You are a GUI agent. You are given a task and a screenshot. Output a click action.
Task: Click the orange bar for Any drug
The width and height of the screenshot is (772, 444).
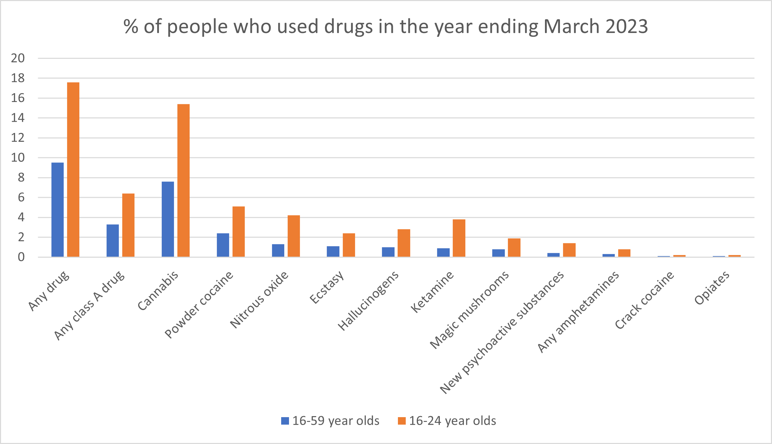click(73, 170)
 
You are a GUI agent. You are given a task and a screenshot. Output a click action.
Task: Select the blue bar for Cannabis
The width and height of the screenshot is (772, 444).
click(168, 219)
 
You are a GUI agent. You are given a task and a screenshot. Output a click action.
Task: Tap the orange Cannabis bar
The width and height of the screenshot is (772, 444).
click(183, 180)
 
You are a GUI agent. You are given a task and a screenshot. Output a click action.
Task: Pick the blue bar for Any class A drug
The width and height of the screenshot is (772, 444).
click(113, 241)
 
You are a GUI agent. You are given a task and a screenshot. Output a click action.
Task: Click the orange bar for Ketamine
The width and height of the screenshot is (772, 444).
click(459, 238)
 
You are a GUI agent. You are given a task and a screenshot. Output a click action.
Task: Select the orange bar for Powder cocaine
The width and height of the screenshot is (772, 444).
click(239, 232)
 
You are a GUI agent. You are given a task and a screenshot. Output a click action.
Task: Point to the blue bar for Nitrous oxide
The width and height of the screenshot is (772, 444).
click(278, 251)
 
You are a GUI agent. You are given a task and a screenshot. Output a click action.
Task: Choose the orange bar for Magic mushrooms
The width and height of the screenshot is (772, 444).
click(514, 247)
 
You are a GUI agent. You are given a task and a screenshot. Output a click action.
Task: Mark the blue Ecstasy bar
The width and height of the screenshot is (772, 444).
click(333, 252)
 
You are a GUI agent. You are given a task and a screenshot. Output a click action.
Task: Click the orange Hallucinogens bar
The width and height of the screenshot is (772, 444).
click(404, 243)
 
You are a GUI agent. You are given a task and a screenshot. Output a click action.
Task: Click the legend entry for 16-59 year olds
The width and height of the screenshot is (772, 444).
click(330, 421)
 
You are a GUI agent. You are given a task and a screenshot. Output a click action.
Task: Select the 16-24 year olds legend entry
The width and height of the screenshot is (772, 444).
click(447, 421)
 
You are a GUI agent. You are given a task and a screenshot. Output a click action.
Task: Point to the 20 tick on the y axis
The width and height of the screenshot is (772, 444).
click(18, 58)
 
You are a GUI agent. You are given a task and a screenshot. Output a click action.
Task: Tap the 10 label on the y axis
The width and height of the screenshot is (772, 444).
click(18, 158)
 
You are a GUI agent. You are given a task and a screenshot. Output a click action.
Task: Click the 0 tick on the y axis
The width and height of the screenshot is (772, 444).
click(21, 257)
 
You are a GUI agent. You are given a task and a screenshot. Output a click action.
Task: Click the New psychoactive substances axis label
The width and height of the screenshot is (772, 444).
click(502, 332)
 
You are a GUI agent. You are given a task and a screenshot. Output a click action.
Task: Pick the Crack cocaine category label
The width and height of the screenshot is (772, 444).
click(644, 300)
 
